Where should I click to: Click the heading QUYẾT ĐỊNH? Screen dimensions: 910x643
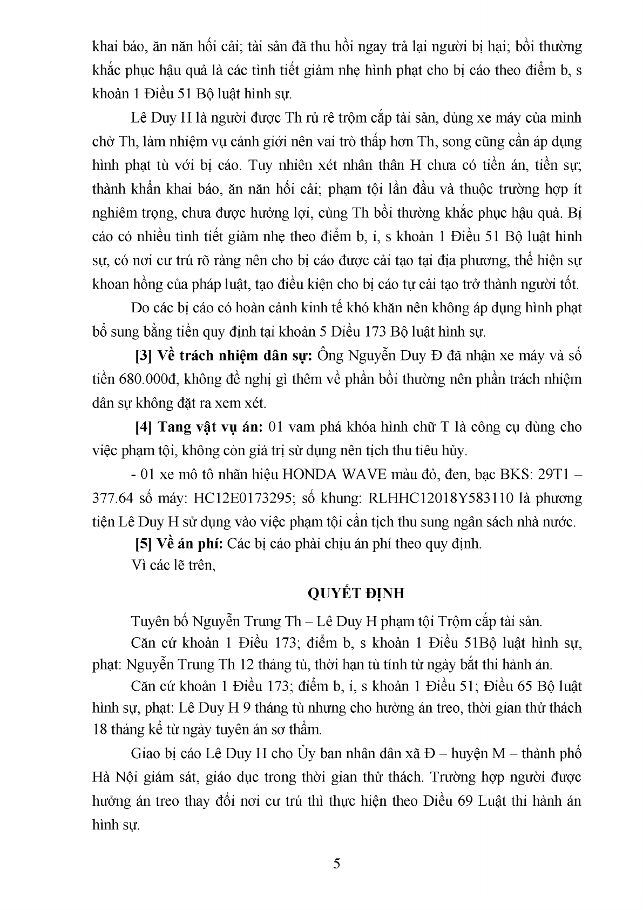pos(356,593)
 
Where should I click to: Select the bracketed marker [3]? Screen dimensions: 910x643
pos(143,356)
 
